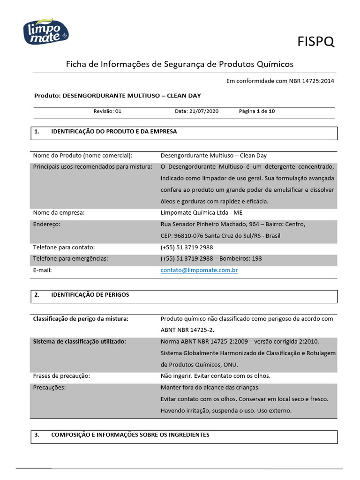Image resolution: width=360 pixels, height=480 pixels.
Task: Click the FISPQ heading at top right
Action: tap(316, 42)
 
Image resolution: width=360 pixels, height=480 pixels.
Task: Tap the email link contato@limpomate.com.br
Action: tap(199, 270)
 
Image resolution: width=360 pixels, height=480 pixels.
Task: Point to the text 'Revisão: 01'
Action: tap(107, 112)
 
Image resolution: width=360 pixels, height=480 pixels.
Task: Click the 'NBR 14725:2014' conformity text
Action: tap(312, 81)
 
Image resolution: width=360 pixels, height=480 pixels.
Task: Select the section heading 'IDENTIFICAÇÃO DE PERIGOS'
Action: tap(90, 295)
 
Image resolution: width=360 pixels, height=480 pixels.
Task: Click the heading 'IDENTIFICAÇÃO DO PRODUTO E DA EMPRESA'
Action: tap(114, 132)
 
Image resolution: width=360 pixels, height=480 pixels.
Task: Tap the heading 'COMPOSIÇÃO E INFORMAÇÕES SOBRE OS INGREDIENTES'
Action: tap(130, 435)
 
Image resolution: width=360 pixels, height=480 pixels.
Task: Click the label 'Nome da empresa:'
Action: tap(59, 213)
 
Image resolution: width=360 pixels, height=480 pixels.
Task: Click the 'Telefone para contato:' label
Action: tap(64, 247)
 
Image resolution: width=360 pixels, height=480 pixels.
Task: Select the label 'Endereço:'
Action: tap(47, 225)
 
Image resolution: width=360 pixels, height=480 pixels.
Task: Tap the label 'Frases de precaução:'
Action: tap(61, 376)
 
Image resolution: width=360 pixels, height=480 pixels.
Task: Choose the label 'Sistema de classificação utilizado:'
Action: tap(79, 342)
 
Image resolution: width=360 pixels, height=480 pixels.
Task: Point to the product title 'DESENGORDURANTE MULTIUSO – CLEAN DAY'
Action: tap(132, 96)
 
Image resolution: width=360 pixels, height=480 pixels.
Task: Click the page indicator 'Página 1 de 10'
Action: tap(257, 112)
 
